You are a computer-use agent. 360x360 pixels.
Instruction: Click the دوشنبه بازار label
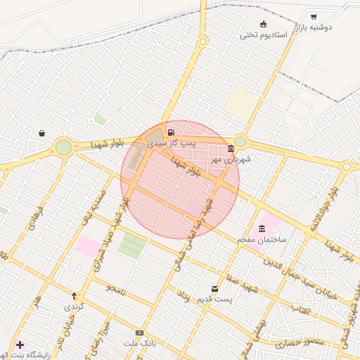(x=324, y=27)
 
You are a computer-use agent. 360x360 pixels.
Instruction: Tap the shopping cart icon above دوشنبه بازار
(x=314, y=17)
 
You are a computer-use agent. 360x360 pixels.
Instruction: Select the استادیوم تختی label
(x=264, y=35)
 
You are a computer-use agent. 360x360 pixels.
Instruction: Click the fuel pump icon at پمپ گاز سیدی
(x=172, y=131)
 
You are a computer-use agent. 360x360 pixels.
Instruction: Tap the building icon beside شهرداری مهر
(x=231, y=148)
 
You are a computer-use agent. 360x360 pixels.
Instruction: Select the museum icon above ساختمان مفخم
(x=262, y=229)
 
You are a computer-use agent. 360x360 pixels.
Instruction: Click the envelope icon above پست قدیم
(x=215, y=288)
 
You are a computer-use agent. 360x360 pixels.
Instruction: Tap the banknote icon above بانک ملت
(x=139, y=333)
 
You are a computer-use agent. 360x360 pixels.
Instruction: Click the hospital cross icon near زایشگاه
(x=20, y=345)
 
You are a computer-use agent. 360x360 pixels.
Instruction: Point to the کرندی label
(x=74, y=307)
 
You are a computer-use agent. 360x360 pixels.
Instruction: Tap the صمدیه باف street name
(x=98, y=202)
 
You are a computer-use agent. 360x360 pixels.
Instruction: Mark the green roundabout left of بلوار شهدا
(x=64, y=147)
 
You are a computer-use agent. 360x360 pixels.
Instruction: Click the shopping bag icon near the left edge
(x=41, y=133)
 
